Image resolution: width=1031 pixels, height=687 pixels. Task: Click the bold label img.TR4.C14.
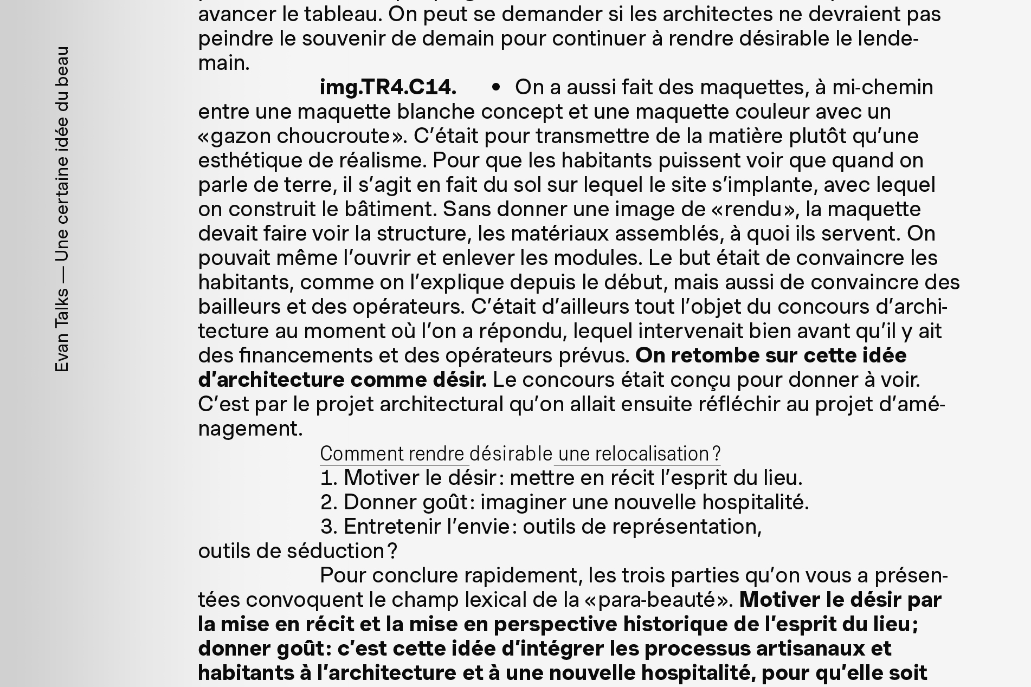388,87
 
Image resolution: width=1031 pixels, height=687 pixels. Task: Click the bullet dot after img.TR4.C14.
495,87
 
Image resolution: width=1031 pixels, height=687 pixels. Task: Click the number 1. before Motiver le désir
328,478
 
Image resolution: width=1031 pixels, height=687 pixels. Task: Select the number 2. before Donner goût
329,502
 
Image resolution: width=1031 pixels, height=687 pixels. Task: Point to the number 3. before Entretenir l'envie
329,527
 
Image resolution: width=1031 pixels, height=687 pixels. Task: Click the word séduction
336,551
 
